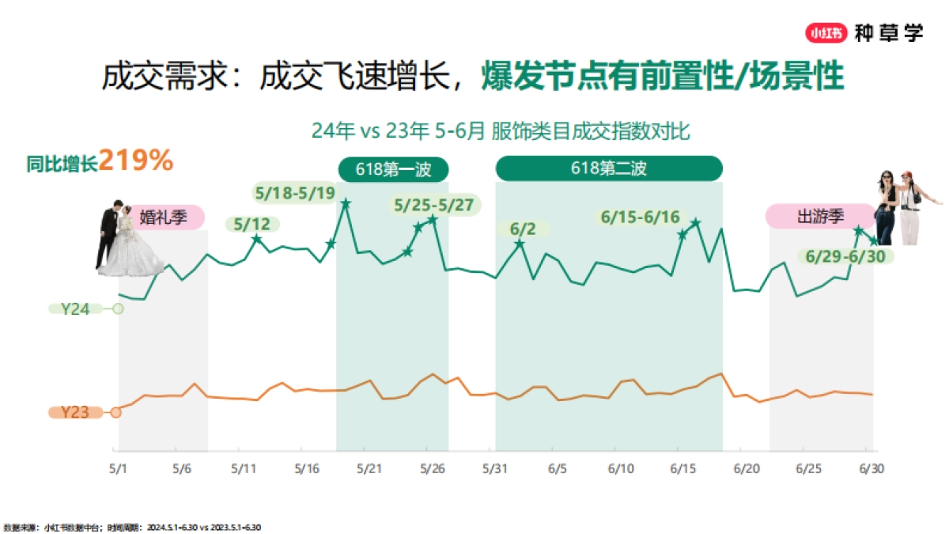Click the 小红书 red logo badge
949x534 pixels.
point(827,33)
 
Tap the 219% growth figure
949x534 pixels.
point(136,161)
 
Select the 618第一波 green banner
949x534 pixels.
point(393,169)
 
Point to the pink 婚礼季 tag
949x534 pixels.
point(163,217)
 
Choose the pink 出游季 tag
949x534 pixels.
point(818,217)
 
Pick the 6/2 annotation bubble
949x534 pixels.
point(523,229)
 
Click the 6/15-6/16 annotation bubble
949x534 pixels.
point(641,217)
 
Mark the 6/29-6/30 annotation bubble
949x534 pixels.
point(845,256)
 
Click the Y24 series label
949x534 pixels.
point(77,309)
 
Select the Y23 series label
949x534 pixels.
point(76,412)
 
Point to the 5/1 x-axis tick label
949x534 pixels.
point(118,468)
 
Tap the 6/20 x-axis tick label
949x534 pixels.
point(747,468)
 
